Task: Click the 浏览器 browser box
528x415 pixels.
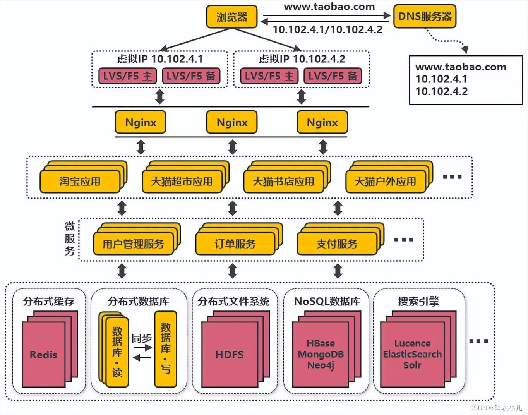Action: tap(231, 17)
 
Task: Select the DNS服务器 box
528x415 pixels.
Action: tap(425, 16)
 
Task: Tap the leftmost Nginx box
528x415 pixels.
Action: tap(141, 122)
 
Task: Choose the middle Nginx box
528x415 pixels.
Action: tap(232, 122)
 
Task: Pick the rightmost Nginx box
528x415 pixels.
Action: tap(322, 122)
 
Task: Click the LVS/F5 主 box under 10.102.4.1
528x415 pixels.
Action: tap(127, 76)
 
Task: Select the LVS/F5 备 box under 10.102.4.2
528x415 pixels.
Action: tap(333, 76)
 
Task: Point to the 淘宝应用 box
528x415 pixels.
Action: tap(80, 182)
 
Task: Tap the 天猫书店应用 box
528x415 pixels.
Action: tap(283, 182)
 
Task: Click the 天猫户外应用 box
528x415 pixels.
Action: tap(385, 182)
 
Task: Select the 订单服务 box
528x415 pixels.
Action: tap(235, 244)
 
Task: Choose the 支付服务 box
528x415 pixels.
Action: tap(337, 244)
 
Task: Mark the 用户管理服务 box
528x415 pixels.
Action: tap(133, 244)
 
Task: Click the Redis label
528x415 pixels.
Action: tap(43, 355)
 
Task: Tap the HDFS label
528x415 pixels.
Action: tap(230, 355)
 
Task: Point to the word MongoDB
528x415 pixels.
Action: tap(321, 354)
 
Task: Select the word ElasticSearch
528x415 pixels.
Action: tap(412, 354)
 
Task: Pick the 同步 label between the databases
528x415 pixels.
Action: tap(141, 338)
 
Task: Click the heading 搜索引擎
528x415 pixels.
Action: tap(418, 301)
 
